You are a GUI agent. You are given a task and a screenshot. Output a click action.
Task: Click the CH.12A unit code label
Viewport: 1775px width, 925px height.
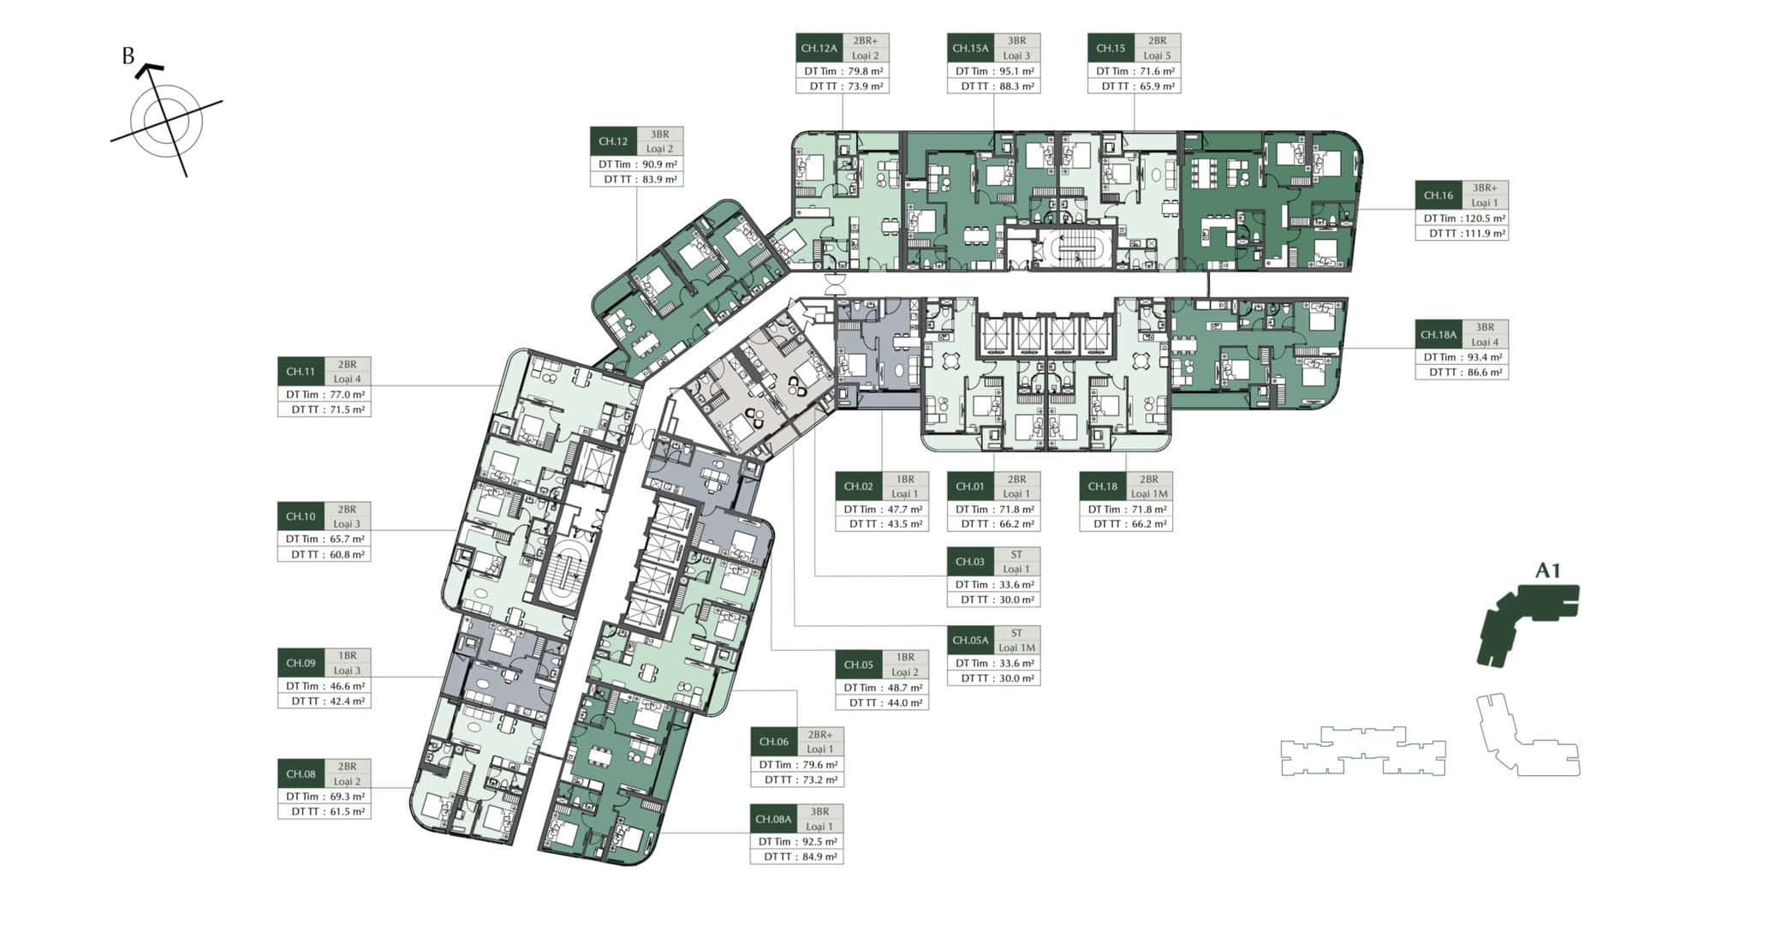[819, 49]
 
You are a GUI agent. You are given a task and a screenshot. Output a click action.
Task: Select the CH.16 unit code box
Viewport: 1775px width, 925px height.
[1438, 195]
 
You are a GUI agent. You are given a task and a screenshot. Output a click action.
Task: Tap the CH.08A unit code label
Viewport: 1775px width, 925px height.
[773, 819]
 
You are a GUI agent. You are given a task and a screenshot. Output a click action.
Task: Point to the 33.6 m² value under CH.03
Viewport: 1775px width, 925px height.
[1016, 585]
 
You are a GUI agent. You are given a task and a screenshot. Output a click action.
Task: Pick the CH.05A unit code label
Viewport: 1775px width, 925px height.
[970, 641]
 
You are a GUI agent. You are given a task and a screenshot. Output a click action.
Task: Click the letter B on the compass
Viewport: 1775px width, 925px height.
[128, 57]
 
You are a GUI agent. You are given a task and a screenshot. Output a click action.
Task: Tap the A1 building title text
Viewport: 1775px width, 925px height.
[1548, 570]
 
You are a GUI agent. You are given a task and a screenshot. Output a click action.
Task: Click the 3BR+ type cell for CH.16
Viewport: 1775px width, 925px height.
[1485, 188]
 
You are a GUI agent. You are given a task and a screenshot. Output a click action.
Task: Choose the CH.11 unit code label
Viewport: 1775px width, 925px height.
[301, 372]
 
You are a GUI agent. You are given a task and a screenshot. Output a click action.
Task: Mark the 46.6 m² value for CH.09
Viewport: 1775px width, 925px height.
[346, 686]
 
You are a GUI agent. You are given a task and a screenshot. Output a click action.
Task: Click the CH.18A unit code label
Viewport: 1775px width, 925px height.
[1438, 335]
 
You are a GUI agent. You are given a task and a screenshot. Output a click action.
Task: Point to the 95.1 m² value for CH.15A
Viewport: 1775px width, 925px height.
[1016, 72]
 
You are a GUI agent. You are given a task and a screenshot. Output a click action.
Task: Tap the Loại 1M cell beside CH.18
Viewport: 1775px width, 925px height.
[1149, 494]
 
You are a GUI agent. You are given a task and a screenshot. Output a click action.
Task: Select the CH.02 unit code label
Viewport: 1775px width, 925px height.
[859, 486]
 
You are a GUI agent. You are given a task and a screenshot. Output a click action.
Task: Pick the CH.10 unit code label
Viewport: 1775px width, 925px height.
[301, 516]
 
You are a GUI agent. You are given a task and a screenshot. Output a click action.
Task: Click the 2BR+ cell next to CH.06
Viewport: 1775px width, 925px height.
[819, 735]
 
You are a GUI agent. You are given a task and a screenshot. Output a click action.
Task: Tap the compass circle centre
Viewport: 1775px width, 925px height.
[167, 121]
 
